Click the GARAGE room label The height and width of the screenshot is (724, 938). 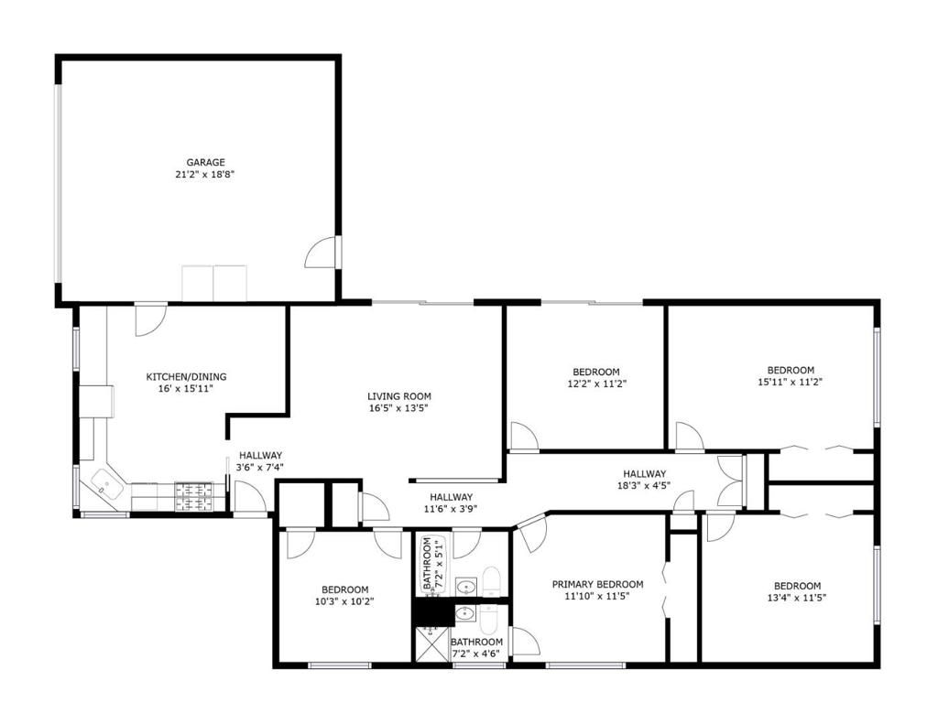(205, 162)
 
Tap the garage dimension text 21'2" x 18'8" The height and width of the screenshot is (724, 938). (205, 174)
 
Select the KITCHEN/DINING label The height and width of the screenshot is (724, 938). (186, 377)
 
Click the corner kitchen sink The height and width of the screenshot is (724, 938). (106, 484)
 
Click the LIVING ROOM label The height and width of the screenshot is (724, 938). (399, 396)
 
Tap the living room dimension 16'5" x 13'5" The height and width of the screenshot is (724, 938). (399, 408)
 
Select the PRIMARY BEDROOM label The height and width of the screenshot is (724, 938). (597, 584)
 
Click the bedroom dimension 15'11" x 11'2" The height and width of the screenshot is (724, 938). (791, 382)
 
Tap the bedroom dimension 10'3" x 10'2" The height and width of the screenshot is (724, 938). (344, 601)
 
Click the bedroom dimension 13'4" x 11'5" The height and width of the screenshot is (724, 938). (797, 598)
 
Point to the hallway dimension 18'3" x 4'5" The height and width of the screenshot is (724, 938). (644, 486)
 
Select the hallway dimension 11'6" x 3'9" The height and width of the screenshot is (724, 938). (451, 510)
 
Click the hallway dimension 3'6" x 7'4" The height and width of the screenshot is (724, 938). (260, 468)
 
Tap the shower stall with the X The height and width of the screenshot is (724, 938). (432, 643)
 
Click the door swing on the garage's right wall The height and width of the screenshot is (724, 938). (322, 252)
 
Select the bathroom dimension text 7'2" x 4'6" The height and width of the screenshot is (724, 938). (475, 654)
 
